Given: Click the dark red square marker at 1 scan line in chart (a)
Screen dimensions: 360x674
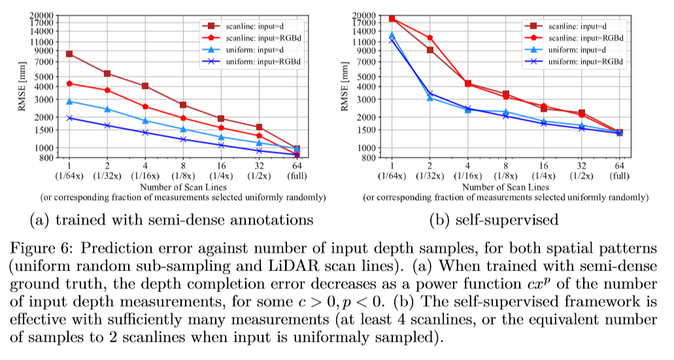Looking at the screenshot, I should (69, 54).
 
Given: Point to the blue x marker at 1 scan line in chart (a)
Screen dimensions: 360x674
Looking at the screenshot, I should (69, 118).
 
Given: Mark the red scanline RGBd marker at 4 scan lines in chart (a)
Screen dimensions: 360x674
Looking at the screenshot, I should (145, 106).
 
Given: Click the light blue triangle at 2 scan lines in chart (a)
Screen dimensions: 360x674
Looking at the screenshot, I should (107, 109).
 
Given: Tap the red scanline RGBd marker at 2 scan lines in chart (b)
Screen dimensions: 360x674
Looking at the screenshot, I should (430, 38).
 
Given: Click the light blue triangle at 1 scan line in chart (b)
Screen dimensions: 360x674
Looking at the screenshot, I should (392, 35).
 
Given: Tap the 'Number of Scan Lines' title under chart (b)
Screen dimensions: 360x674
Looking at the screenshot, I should (505, 188).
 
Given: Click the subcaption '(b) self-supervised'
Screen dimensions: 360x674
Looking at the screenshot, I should (494, 220).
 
